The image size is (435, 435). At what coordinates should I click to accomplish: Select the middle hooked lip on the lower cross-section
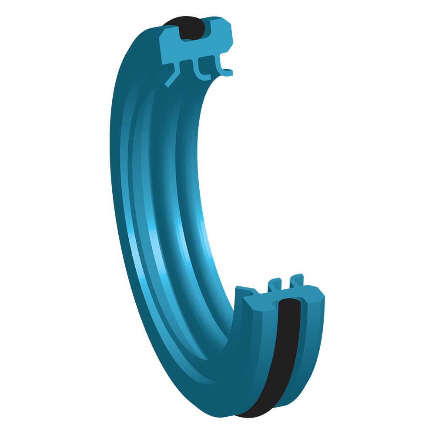pos(275,285)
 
